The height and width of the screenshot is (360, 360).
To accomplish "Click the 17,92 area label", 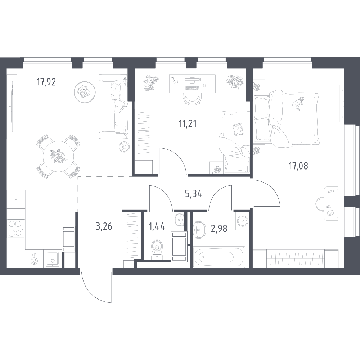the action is pyautogui.click(x=46, y=82).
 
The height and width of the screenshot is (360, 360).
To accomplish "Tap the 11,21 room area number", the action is pyautogui.click(x=188, y=124).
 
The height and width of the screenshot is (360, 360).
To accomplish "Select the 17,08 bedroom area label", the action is pyautogui.click(x=298, y=166).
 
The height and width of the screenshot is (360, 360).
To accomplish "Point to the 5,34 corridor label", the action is pyautogui.click(x=194, y=194).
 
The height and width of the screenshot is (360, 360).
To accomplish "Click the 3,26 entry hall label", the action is pyautogui.click(x=104, y=226).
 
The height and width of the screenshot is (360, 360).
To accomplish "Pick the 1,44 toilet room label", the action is pyautogui.click(x=157, y=226).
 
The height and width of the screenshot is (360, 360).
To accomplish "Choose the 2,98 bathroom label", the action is pyautogui.click(x=219, y=229).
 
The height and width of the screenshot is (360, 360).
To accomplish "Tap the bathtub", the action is pyautogui.click(x=219, y=257).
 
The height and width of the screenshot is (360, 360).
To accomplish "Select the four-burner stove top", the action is pyautogui.click(x=16, y=228).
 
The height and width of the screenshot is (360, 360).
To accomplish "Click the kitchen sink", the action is pyautogui.click(x=53, y=259).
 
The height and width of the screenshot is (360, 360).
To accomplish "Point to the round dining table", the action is pyautogui.click(x=59, y=156).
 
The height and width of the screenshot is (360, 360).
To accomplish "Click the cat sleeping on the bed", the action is pyautogui.click(x=297, y=104).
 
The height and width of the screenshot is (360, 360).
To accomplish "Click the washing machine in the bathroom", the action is pyautogui.click(x=242, y=220).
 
